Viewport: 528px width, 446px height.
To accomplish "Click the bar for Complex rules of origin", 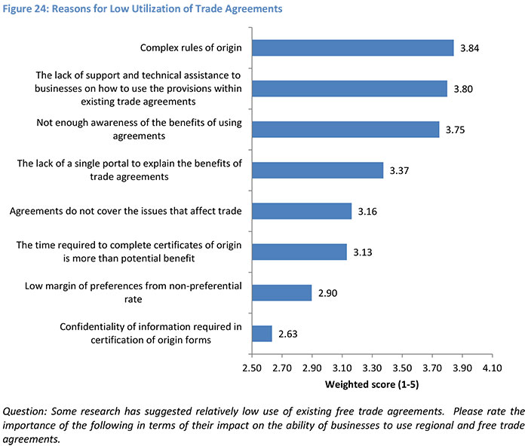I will (x=352, y=48).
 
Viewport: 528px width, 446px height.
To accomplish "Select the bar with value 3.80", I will (x=349, y=89).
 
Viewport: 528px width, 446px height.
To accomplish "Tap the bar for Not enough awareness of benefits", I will (x=345, y=129).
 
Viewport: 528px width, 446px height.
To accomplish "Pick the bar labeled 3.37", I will (x=317, y=170).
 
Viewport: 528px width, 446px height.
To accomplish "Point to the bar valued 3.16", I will (x=301, y=211).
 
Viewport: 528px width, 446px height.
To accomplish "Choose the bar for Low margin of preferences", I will (x=281, y=292).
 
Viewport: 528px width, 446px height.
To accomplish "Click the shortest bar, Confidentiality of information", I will (x=261, y=333).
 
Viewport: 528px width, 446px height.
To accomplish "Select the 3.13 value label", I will (x=363, y=252).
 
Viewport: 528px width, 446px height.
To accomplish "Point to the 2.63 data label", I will (x=287, y=333).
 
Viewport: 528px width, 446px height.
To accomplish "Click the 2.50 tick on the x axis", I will (x=251, y=369).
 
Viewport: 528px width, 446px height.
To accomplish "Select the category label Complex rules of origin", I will (x=191, y=49).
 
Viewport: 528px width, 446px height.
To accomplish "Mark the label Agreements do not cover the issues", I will (x=126, y=211).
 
